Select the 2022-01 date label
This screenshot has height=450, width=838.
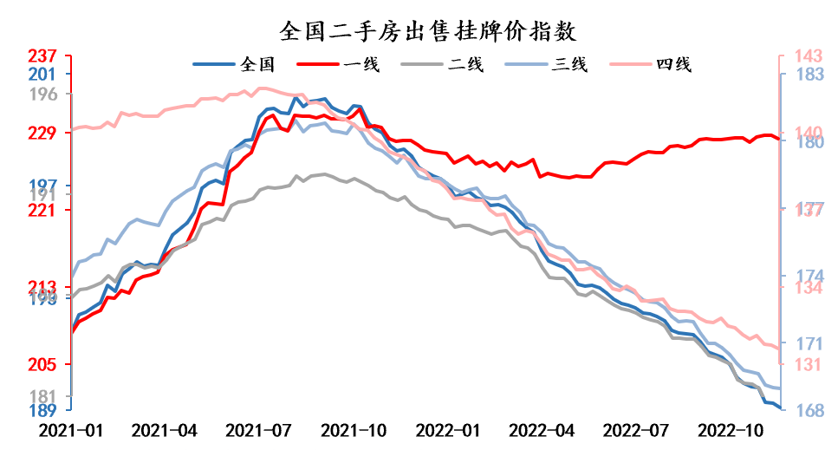point(446,429)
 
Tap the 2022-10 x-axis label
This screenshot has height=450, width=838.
point(730,429)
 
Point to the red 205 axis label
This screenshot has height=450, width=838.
point(42,365)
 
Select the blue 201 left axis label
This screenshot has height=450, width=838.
point(42,75)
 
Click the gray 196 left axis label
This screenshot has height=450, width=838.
point(42,94)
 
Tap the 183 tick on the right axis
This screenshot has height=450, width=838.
point(796,75)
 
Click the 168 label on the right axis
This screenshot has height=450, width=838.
point(796,410)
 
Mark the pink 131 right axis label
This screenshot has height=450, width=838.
point(796,365)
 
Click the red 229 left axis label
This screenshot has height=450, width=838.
point(42,133)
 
